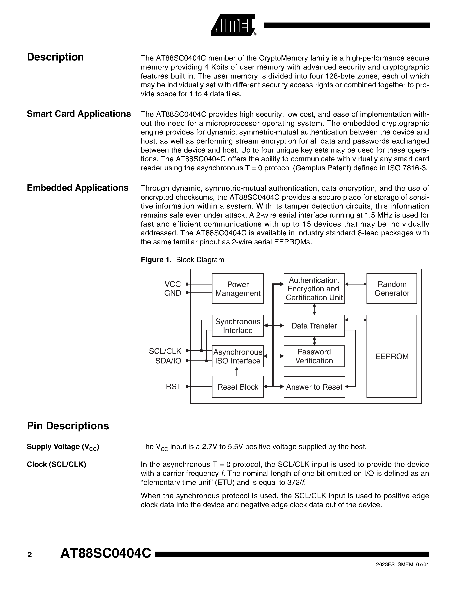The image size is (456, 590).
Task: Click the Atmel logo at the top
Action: pyautogui.click(x=233, y=25)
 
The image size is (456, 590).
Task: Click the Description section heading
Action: pyautogui.click(x=55, y=57)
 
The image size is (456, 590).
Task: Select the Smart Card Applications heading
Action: pyautogui.click(x=79, y=114)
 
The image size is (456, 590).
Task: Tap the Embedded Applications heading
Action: pyautogui.click(x=77, y=188)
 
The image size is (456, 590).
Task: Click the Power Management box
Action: pyautogui.click(x=238, y=289)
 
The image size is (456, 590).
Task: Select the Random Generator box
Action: pyautogui.click(x=391, y=289)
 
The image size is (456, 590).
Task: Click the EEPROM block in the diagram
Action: pyautogui.click(x=391, y=356)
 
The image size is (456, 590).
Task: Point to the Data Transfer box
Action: pyautogui.click(x=314, y=326)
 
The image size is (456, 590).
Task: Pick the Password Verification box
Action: pyautogui.click(x=314, y=356)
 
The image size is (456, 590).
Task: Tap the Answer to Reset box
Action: pyautogui.click(x=314, y=387)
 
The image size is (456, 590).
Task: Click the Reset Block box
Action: pyautogui.click(x=238, y=387)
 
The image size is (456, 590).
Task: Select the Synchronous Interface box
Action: pyautogui.click(x=238, y=326)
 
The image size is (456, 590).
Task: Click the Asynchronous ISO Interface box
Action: pyautogui.click(x=238, y=356)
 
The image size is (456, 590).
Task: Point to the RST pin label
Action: pyautogui.click(x=173, y=387)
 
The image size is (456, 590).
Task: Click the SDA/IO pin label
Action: pyautogui.click(x=168, y=361)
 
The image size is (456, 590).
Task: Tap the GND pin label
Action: pyautogui.click(x=172, y=293)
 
